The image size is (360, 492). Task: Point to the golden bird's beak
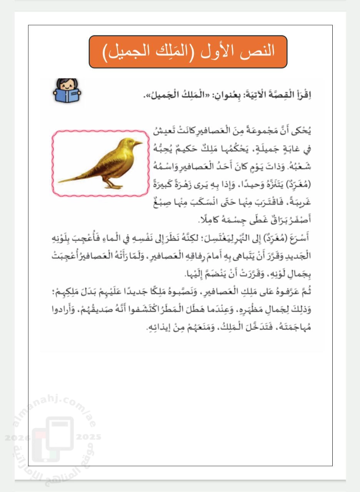click(x=140, y=143)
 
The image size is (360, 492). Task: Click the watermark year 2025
click(x=88, y=437)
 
